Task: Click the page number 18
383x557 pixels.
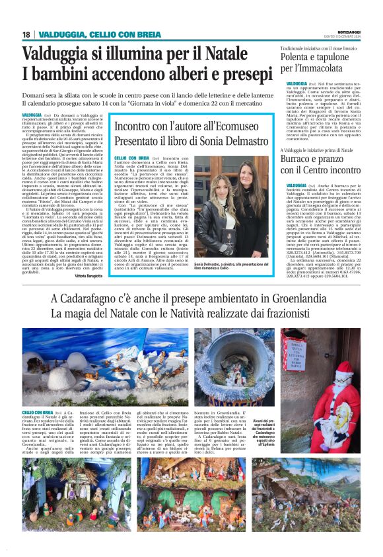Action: coord(26,34)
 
